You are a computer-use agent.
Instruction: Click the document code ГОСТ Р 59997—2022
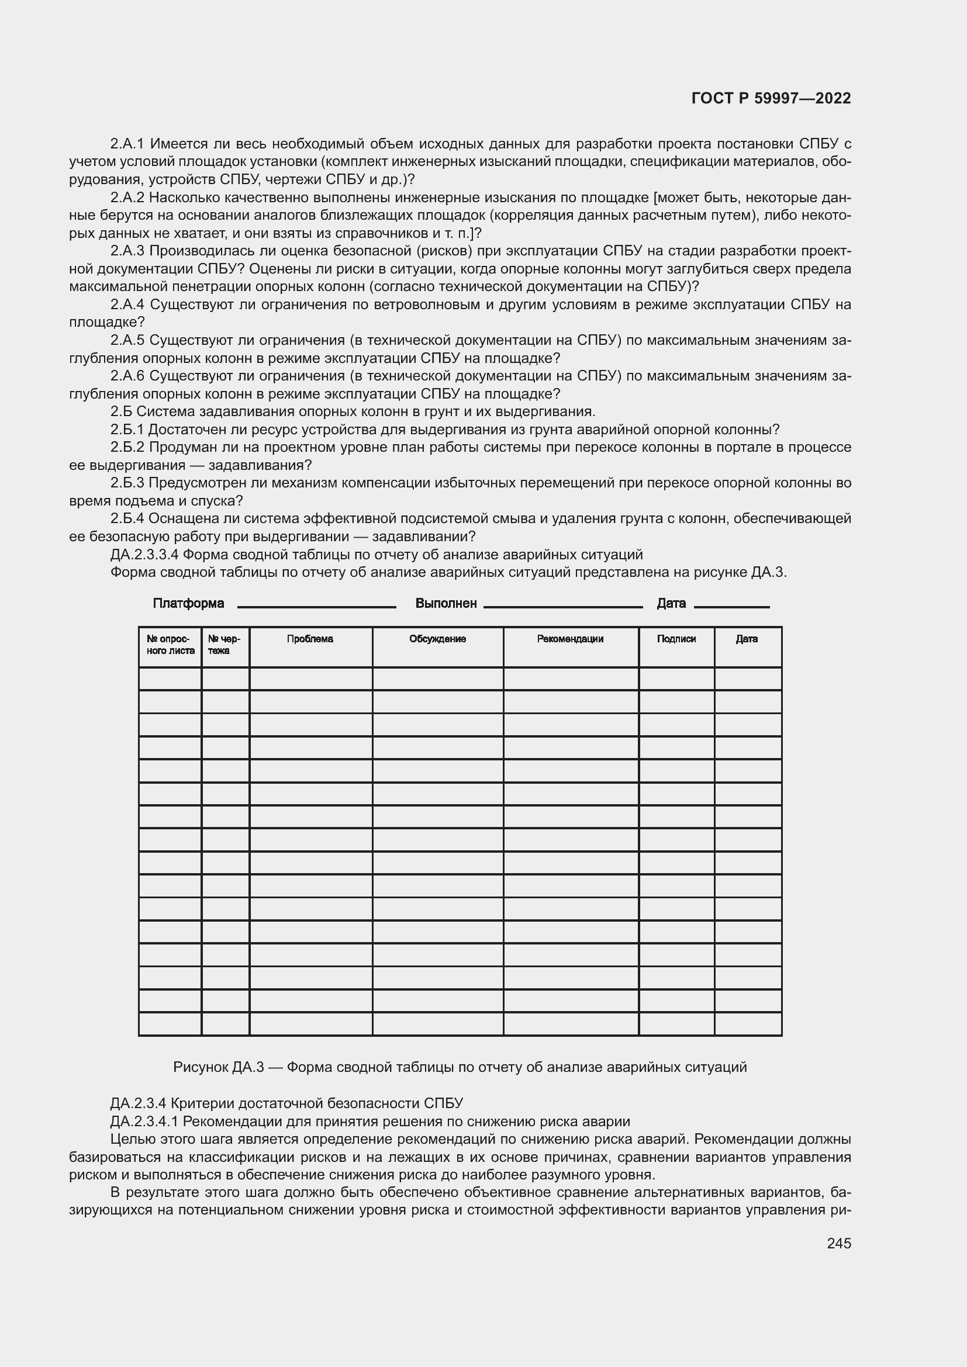click(x=771, y=98)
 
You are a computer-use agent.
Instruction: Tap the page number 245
click(x=838, y=1243)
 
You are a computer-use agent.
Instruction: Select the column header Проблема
click(x=310, y=639)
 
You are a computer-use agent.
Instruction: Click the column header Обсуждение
click(x=437, y=639)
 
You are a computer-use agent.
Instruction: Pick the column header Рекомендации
click(x=570, y=639)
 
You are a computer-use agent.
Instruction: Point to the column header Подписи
click(x=676, y=639)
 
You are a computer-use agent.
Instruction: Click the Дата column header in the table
click(x=746, y=639)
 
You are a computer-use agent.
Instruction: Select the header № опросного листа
click(x=170, y=645)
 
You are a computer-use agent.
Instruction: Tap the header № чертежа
click(x=225, y=645)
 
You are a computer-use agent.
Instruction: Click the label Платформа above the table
click(x=188, y=603)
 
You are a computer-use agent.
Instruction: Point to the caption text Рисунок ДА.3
click(x=218, y=1067)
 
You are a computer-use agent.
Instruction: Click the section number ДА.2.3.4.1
click(x=144, y=1122)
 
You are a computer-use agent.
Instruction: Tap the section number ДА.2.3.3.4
click(x=144, y=555)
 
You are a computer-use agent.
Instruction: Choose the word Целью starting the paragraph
click(x=129, y=1140)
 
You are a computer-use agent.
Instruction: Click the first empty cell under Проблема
click(x=310, y=679)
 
